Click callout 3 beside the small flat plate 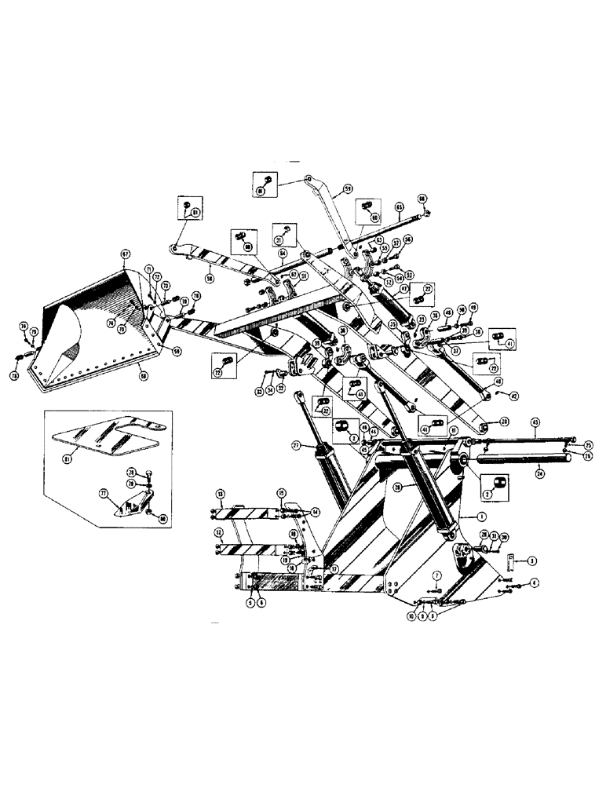point(532,561)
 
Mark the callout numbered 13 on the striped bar point(221,494)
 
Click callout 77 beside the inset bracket point(101,496)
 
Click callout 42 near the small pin point(514,395)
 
